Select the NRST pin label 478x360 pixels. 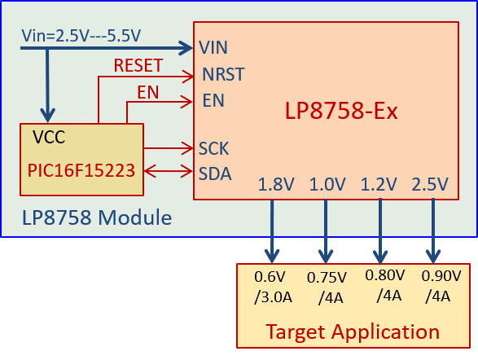(x=223, y=75)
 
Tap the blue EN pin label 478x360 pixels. (x=213, y=101)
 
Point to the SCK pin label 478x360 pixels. (x=214, y=148)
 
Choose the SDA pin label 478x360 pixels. (x=215, y=173)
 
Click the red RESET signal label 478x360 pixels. (x=138, y=65)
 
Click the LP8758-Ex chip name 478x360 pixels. (x=341, y=111)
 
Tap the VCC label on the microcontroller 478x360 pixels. (x=50, y=137)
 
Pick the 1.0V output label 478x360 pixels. (x=328, y=184)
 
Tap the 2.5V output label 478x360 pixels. (x=430, y=184)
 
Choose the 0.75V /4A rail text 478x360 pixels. (x=327, y=288)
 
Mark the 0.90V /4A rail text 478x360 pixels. (x=441, y=286)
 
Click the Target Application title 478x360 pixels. (x=353, y=331)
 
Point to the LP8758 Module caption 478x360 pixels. (x=97, y=218)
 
